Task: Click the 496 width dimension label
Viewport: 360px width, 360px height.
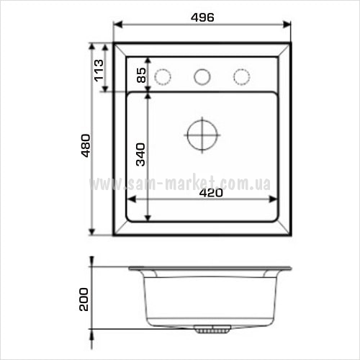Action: coord(202,17)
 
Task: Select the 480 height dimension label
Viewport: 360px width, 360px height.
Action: coord(86,145)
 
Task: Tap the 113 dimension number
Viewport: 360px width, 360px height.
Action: coord(99,71)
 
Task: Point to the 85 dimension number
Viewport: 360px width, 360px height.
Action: coord(141,75)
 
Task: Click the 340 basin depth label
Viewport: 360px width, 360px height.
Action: coord(140,155)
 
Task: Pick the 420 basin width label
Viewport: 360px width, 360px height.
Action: coord(211,193)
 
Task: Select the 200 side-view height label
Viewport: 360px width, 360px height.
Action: coord(84,300)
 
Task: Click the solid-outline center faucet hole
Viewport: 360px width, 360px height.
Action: coord(202,77)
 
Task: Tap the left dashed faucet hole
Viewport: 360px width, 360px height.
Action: coord(163,77)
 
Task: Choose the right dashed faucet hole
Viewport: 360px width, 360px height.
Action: coord(242,77)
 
